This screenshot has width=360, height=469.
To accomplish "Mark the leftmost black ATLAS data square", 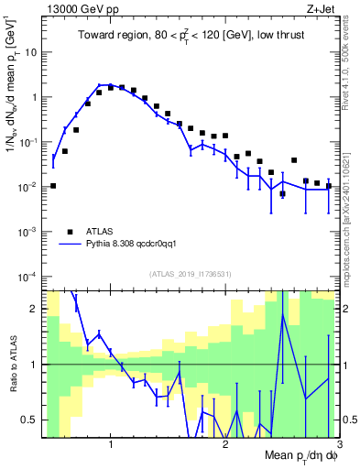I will click(x=53, y=186).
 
